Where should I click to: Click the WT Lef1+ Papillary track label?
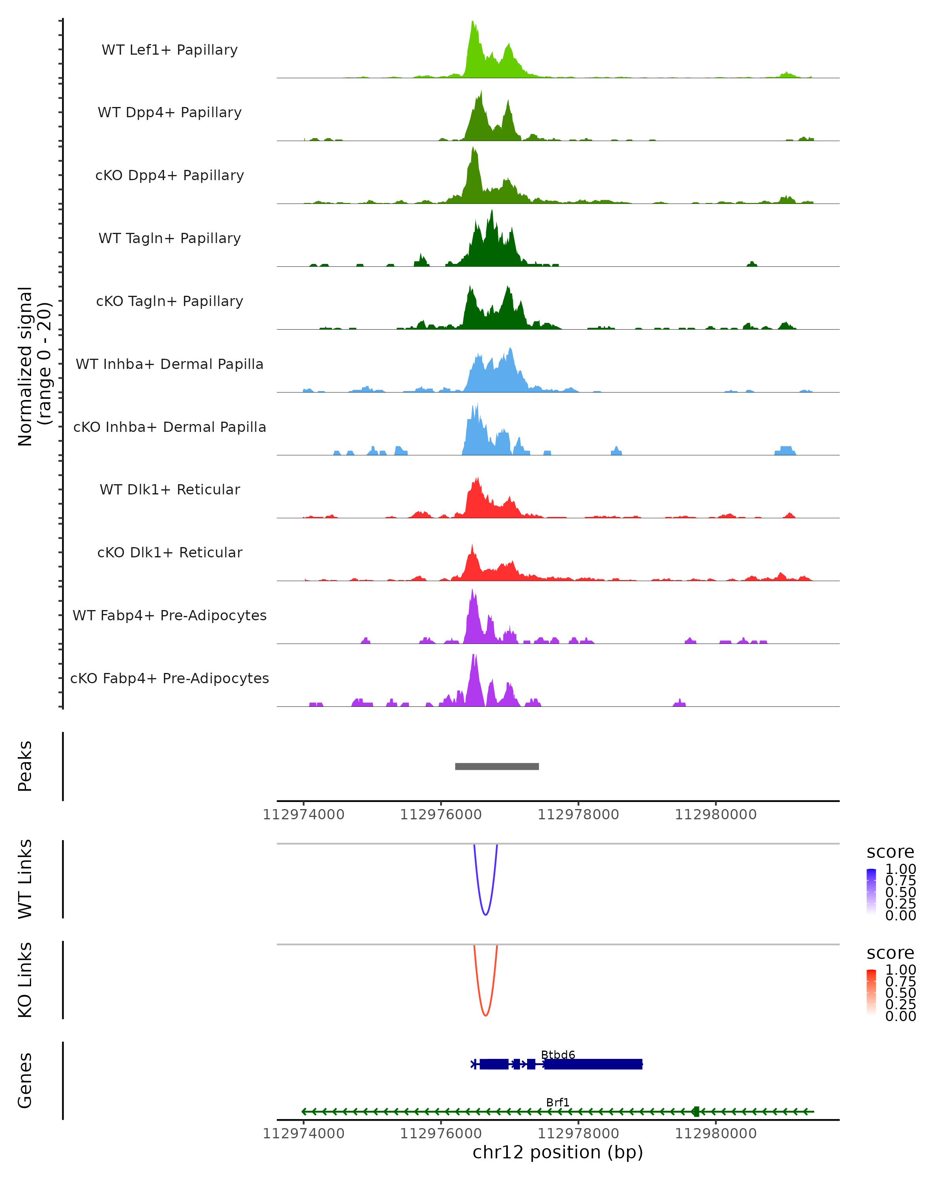pyautogui.click(x=170, y=50)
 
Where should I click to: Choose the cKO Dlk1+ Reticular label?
pyautogui.click(x=170, y=552)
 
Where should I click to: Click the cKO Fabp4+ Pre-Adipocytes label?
pyautogui.click(x=170, y=678)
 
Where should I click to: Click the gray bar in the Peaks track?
pyautogui.click(x=496, y=766)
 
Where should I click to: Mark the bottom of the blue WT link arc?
pyautogui.click(x=485, y=914)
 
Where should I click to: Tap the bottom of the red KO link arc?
pyautogui.click(x=485, y=1015)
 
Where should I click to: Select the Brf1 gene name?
pyautogui.click(x=558, y=1102)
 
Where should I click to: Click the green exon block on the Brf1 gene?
pyautogui.click(x=695, y=1112)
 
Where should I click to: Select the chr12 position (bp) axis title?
pyautogui.click(x=558, y=1152)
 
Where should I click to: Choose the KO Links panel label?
pyautogui.click(x=25, y=980)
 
